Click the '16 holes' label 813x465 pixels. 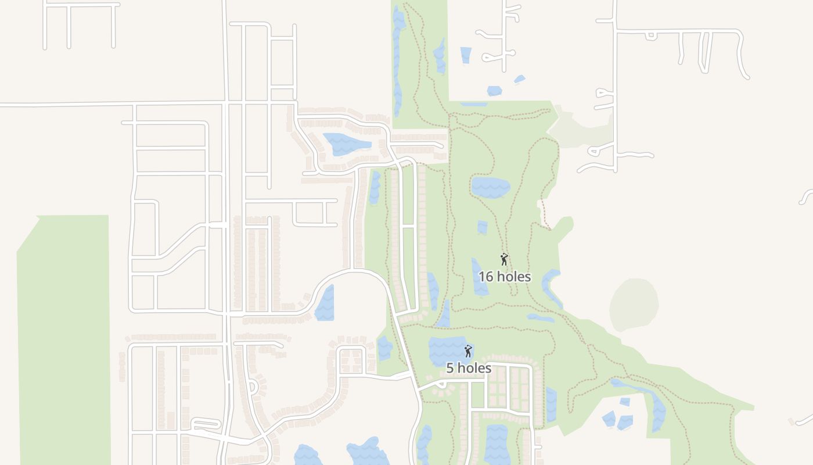pyautogui.click(x=504, y=277)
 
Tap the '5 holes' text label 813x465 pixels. pyautogui.click(x=469, y=368)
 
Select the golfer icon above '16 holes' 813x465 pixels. pyautogui.click(x=504, y=259)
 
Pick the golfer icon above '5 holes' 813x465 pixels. pyautogui.click(x=468, y=350)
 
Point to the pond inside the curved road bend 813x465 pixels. pyautogui.click(x=325, y=303)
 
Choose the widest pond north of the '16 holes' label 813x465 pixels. pyautogui.click(x=490, y=187)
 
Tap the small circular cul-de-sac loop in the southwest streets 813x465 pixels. pyautogui.click(x=252, y=387)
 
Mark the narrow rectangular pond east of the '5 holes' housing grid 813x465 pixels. pyautogui.click(x=551, y=405)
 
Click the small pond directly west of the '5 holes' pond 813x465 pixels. pyautogui.click(x=384, y=348)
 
